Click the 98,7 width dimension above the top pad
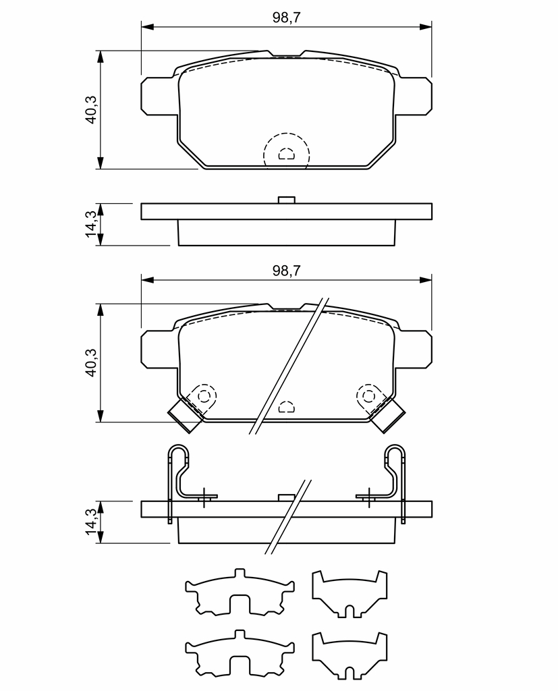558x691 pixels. [x=287, y=18]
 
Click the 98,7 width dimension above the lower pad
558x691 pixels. [x=287, y=271]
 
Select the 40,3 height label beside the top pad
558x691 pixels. [x=91, y=109]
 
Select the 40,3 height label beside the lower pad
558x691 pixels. [x=91, y=362]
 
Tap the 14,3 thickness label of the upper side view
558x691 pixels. [x=91, y=224]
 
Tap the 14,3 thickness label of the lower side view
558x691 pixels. [x=91, y=522]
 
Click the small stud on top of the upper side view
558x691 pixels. [x=287, y=200]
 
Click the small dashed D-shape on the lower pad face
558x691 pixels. [x=287, y=406]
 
